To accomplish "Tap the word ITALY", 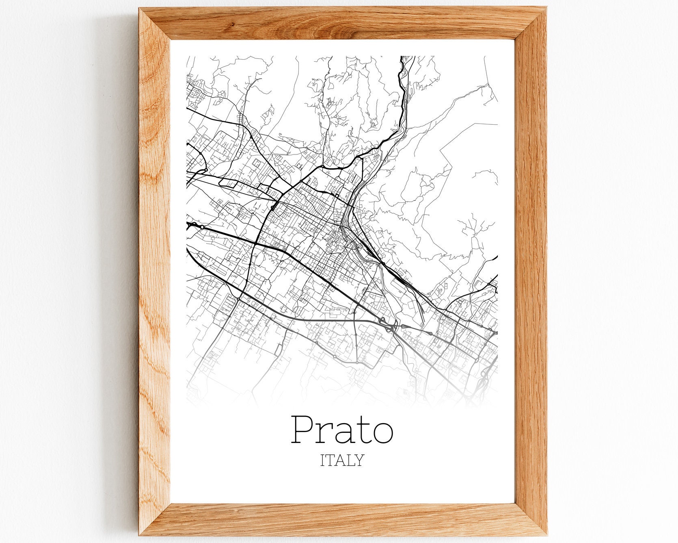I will [342, 460].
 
